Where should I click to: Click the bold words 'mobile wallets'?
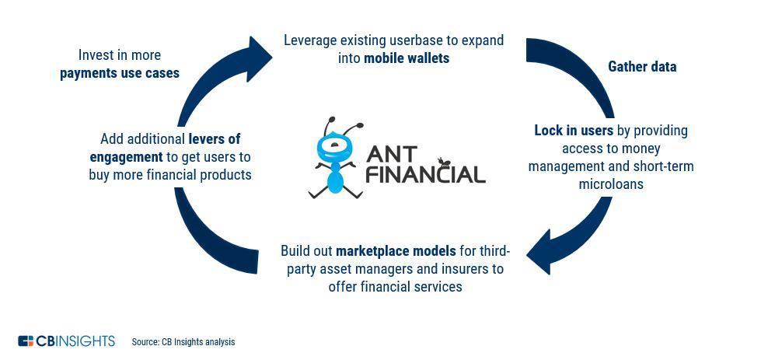[x=407, y=59]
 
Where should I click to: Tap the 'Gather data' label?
[x=642, y=66]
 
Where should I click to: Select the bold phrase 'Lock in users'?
[x=574, y=131]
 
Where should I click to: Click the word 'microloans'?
[x=611, y=184]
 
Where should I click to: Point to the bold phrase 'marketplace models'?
[x=396, y=251]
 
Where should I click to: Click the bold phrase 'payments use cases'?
[x=120, y=73]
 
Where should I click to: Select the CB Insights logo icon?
[x=26, y=341]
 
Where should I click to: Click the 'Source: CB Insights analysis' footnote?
[x=183, y=342]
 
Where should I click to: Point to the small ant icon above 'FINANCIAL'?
[x=442, y=162]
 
